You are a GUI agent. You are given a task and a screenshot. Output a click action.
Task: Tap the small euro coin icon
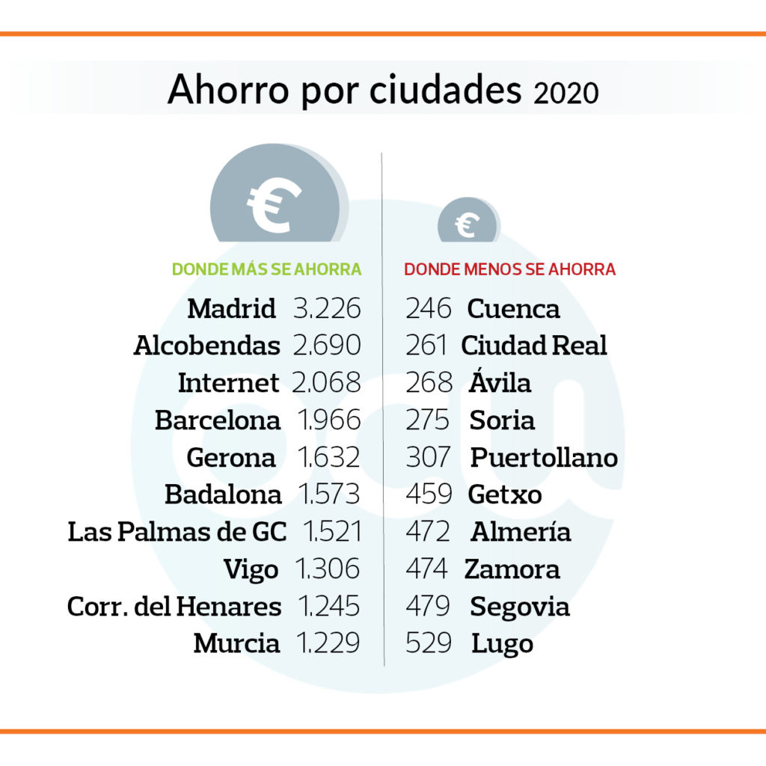click(x=468, y=222)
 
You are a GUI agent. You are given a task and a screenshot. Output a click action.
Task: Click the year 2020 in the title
click(x=566, y=93)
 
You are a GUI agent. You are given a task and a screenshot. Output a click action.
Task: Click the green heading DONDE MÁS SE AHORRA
click(x=267, y=269)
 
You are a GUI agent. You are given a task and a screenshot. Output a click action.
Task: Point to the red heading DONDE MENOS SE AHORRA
click(x=510, y=269)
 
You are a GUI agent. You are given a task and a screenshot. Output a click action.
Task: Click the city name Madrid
click(x=232, y=308)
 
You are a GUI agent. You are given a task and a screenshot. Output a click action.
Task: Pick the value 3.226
click(x=327, y=308)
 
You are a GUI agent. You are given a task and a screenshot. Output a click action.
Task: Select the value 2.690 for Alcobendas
click(x=327, y=346)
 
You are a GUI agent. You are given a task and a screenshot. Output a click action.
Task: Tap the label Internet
click(x=228, y=383)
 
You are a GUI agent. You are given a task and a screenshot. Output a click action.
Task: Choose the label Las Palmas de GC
click(x=177, y=532)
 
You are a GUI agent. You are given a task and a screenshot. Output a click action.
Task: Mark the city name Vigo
click(x=251, y=570)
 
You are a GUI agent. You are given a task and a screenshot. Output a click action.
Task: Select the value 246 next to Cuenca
click(x=429, y=308)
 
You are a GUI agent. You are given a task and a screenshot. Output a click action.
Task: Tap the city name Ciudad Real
click(x=534, y=346)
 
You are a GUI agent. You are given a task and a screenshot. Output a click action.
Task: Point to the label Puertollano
click(x=544, y=457)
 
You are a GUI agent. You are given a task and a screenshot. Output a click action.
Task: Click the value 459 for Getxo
click(x=429, y=494)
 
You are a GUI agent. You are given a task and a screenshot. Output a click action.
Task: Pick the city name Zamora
click(x=512, y=569)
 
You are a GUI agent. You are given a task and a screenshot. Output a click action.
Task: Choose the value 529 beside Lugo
click(x=429, y=643)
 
